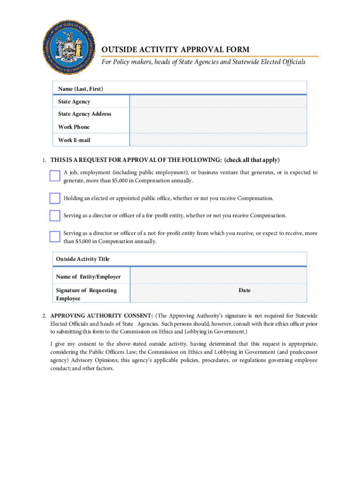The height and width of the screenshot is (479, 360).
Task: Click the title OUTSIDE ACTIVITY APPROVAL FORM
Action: [175, 50]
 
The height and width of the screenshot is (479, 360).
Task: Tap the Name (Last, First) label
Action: [80, 88]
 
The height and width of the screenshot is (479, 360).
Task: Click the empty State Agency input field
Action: [218, 102]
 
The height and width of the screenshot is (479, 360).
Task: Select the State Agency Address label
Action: [85, 114]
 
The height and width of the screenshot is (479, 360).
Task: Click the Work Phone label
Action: [74, 127]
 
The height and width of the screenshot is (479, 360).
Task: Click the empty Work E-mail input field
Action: [218, 140]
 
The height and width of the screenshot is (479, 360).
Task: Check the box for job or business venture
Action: [55, 176]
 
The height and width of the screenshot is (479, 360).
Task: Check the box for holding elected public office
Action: [55, 198]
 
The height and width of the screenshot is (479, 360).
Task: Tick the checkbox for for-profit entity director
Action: [55, 215]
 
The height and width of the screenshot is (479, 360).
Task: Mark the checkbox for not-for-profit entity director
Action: [55, 236]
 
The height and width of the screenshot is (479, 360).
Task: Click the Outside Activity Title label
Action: [83, 259]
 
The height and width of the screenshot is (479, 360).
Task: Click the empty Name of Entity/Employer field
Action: [218, 276]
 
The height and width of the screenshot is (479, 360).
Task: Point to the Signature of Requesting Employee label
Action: [86, 294]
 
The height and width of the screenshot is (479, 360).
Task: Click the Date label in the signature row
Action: [245, 290]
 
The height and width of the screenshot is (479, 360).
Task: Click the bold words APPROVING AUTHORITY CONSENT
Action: [101, 315]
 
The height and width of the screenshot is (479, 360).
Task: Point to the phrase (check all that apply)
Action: [252, 160]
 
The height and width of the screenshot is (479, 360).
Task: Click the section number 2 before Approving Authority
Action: [44, 315]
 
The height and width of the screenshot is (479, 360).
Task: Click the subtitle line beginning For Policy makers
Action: [204, 62]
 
